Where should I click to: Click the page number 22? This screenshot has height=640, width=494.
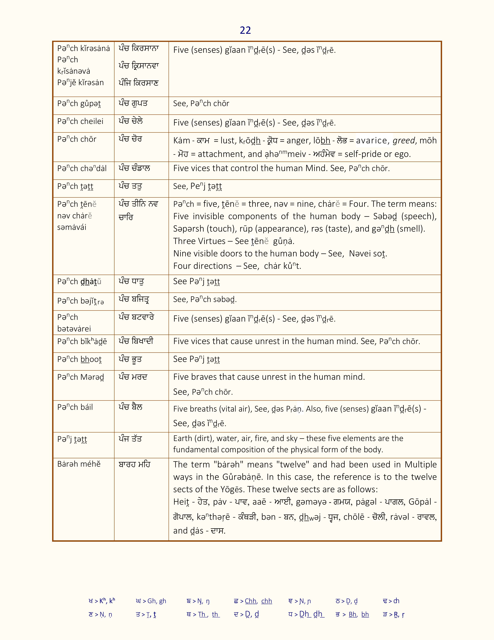point(245,30)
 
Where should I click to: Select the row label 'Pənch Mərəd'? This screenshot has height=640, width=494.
point(80,377)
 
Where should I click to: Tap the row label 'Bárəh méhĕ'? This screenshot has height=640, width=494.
point(79,464)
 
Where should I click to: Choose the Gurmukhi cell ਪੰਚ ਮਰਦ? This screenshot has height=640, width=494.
point(133,377)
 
